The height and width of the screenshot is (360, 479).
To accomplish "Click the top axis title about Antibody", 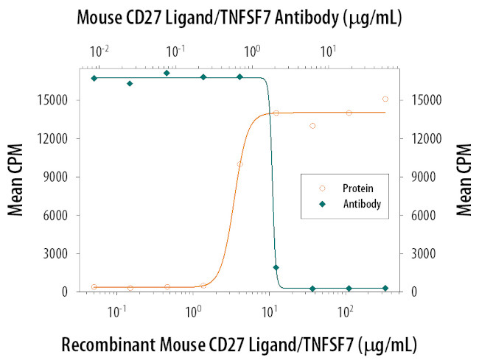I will click(239, 18).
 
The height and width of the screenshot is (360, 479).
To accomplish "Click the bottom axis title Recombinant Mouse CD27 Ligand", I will click(239, 343).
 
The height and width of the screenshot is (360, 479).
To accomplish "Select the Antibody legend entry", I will click(356, 203).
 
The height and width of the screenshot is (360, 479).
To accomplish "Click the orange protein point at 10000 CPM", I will click(239, 164).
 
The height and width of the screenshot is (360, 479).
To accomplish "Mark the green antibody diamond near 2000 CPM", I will click(276, 267).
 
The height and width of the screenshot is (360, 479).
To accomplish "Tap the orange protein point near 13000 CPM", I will click(312, 126).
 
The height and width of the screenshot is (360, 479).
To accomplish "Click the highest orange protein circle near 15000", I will click(385, 99).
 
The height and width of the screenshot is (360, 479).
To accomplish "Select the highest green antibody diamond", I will click(167, 73).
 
